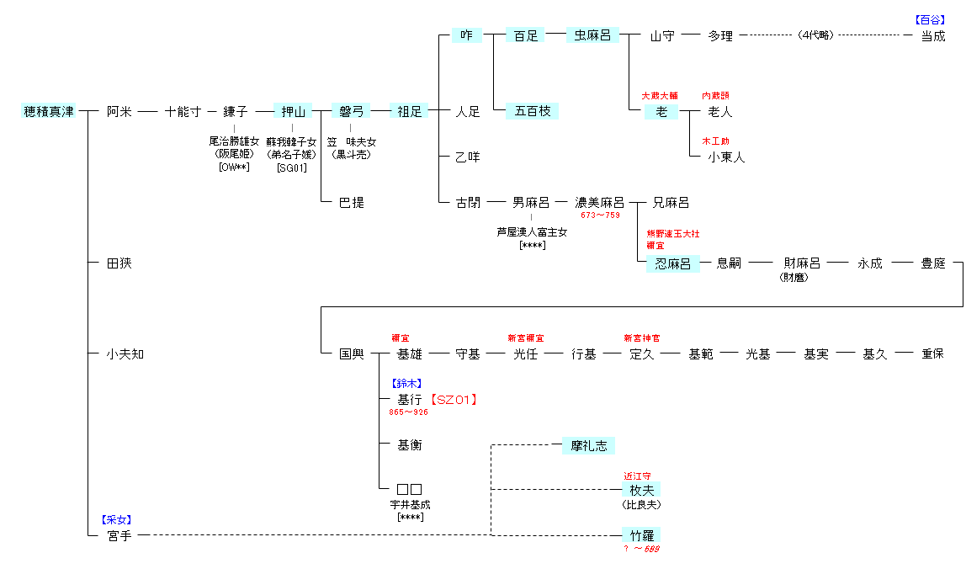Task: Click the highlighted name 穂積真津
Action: tap(48, 111)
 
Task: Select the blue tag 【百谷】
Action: tap(930, 19)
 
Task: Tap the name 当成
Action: tap(932, 35)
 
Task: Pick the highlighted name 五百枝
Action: tap(532, 111)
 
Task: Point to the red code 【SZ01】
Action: tap(454, 400)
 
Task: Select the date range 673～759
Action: tap(600, 215)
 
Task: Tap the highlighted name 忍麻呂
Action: tap(672, 263)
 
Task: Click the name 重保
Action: tap(932, 354)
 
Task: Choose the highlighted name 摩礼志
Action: tap(589, 445)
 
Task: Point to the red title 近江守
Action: tap(637, 476)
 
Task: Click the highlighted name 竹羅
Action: tap(641, 534)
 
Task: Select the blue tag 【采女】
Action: tap(116, 519)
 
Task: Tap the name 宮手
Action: tap(119, 534)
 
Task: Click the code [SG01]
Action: tap(292, 167)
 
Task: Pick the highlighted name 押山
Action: tap(293, 111)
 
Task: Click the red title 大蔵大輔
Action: tap(660, 96)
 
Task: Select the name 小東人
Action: tap(725, 157)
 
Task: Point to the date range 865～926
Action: tap(408, 412)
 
